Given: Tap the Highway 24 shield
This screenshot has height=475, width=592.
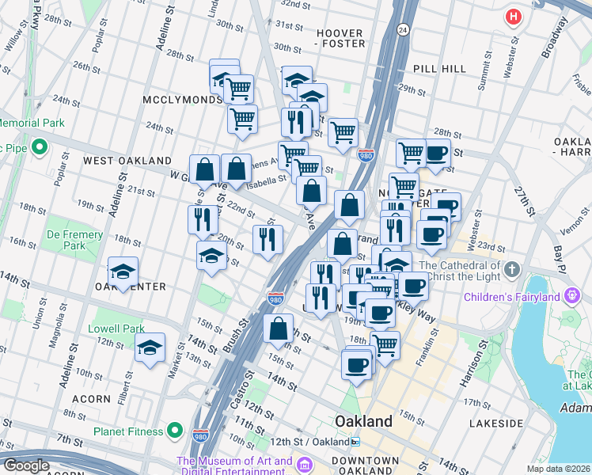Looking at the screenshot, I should tap(403, 30).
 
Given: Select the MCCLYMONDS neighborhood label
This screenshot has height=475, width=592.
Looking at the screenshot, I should tap(183, 100).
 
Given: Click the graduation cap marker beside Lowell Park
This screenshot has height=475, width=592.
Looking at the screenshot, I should tap(150, 347).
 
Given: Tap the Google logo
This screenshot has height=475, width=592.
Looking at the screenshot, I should tap(26, 465).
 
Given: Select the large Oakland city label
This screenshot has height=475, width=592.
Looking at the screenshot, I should tap(363, 420).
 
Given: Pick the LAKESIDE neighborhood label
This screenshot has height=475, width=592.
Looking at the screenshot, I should tap(495, 424).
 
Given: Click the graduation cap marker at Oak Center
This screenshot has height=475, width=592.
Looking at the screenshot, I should tap(123, 272).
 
